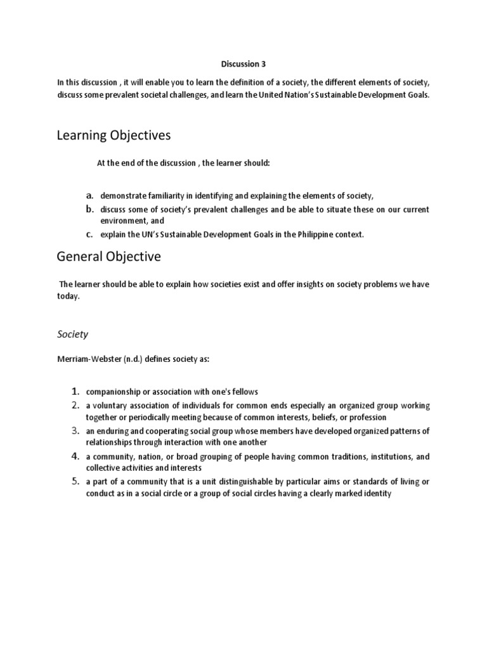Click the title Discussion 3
240,64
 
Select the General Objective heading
108,257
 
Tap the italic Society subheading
73,333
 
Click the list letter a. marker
91,195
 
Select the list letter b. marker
91,209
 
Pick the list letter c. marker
91,234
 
